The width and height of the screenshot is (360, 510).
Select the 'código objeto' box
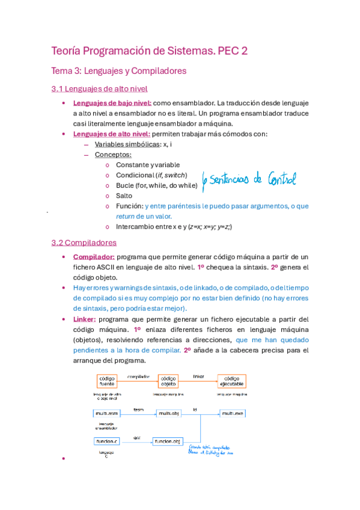tap(168, 381)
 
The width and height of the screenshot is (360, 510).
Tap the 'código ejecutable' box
tap(231, 381)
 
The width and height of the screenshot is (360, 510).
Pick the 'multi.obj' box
tap(168, 414)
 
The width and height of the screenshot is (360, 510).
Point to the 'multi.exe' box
tap(231, 414)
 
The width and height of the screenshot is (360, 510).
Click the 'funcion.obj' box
tap(167, 441)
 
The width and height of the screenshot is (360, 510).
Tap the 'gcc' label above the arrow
tap(137, 437)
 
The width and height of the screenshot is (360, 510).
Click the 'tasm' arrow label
tap(138, 410)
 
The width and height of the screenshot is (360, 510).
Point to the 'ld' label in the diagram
tap(194, 410)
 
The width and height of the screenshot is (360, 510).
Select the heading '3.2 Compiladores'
tap(84, 243)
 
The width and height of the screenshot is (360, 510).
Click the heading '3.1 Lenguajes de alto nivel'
tap(99, 89)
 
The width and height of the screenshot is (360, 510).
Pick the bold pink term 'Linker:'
tap(84, 319)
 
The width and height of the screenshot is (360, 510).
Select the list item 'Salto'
tap(124, 195)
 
